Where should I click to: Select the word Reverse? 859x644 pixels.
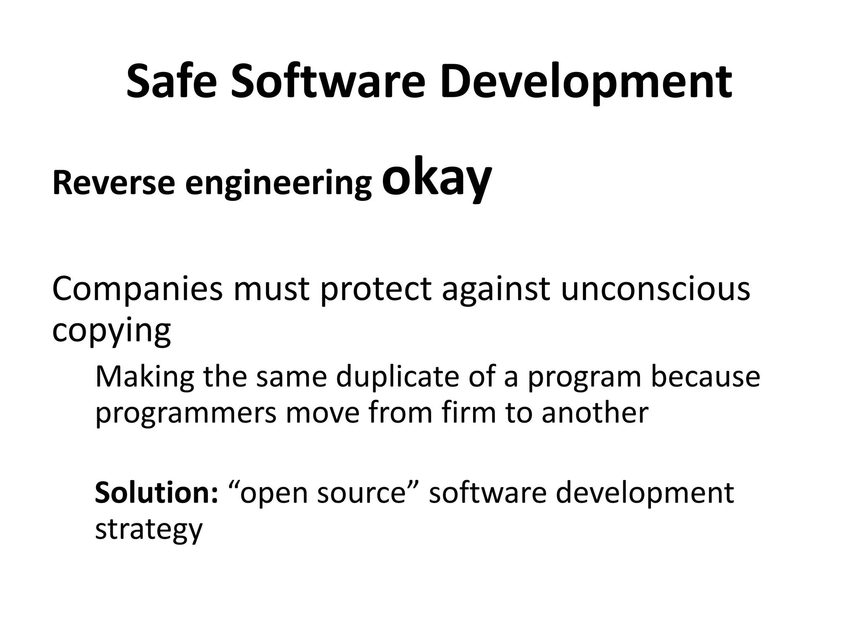coord(113,183)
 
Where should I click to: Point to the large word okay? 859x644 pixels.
coord(436,178)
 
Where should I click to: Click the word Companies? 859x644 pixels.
coord(137,289)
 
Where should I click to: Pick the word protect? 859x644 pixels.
coord(375,289)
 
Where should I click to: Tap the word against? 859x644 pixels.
coord(496,289)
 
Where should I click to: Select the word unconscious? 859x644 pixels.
coord(655,289)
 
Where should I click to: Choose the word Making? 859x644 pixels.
coord(145,377)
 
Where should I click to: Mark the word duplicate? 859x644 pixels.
coord(397,377)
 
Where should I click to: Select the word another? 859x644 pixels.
coord(595,413)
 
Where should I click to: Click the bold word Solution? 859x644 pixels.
coord(156,493)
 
